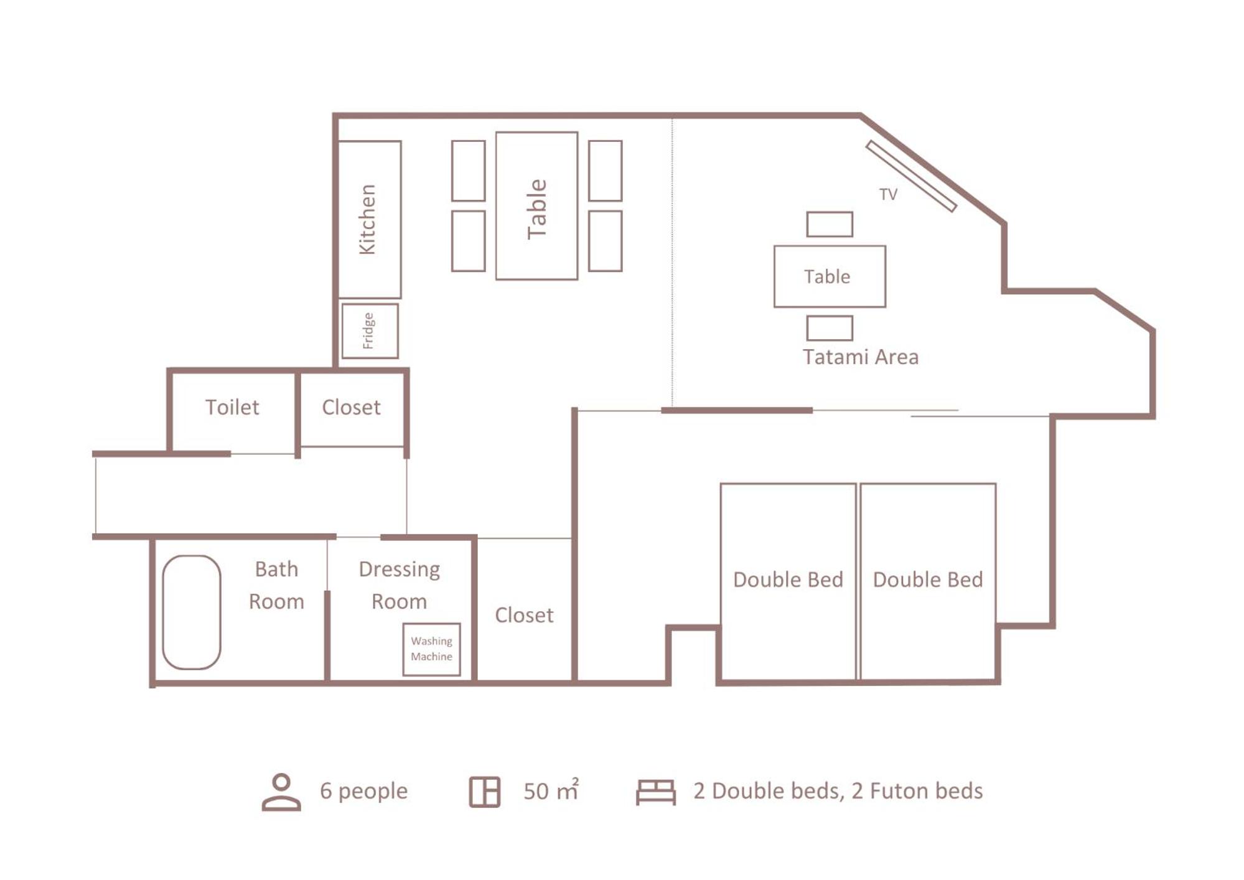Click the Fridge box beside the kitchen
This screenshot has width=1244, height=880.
pos(370,331)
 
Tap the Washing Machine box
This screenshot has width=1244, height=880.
pos(432,649)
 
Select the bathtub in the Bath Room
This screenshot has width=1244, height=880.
pos(192,612)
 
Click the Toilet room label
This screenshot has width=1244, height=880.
pos(232,407)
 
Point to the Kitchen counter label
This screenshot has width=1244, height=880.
pos(368,219)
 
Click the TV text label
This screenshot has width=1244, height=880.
pos(888,194)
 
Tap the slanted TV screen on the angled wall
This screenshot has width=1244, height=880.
pos(911,176)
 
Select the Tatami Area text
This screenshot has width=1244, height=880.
pos(860,357)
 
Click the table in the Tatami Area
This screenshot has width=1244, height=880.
pos(830,276)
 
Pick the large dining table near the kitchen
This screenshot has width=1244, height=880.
pos(536,205)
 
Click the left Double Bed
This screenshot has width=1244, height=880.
pos(788,581)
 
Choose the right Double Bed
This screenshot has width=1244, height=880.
pos(928,581)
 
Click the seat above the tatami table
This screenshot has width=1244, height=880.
pos(830,224)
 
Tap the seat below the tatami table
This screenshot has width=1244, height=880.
pos(830,328)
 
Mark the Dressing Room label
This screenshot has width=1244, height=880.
pos(400,585)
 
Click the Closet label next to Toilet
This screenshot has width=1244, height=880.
pos(351,407)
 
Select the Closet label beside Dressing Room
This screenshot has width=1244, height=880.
pos(524,615)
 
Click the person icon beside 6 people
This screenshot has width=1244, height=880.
pos(281,792)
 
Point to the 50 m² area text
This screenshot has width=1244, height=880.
pos(551,790)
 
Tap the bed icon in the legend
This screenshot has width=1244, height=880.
pos(656,792)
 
